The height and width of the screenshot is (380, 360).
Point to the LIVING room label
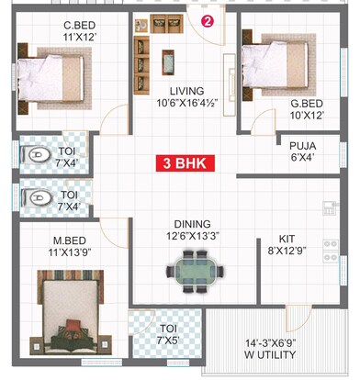(x=188, y=91)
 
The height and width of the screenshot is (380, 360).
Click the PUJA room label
(x=302, y=145)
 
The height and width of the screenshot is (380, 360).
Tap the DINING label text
(x=193, y=223)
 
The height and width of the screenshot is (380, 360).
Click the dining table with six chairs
(x=194, y=273)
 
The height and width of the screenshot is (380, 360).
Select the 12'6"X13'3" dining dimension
(x=193, y=236)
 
